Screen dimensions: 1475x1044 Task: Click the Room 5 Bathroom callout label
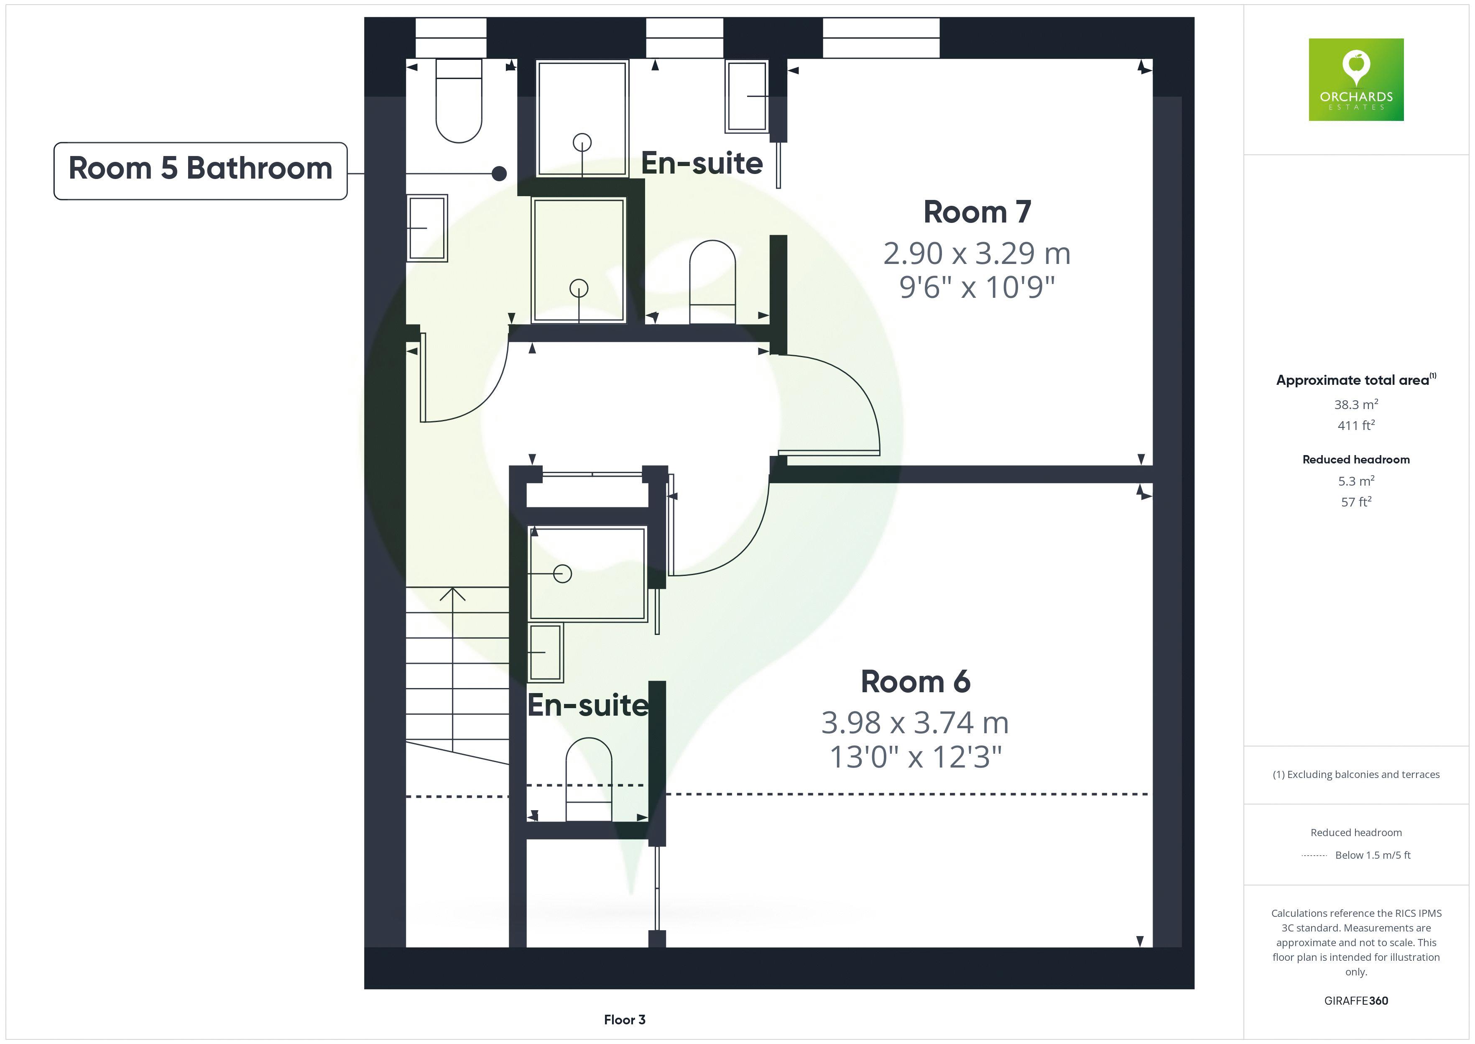(200, 171)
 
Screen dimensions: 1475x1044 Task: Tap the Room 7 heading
(977, 212)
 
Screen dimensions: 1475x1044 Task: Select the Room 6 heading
(916, 681)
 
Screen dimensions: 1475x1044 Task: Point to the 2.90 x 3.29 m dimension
(977, 253)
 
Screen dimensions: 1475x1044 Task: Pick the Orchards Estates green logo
(1356, 80)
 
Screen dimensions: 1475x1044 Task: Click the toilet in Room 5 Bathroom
(459, 100)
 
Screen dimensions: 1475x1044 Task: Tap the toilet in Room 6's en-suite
(589, 779)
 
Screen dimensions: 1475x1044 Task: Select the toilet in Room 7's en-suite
(712, 282)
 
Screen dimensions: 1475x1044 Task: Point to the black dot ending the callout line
(499, 174)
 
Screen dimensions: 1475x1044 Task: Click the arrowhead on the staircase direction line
(452, 594)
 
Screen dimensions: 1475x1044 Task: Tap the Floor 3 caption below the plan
(625, 1020)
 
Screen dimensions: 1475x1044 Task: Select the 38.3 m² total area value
(1356, 404)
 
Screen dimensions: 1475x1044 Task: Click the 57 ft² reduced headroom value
(1356, 502)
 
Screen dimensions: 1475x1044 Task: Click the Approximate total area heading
(1356, 380)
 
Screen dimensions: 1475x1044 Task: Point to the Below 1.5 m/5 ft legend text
(1373, 855)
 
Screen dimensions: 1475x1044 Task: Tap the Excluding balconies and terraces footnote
(1356, 775)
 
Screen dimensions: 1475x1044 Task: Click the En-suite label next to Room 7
(702, 163)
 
